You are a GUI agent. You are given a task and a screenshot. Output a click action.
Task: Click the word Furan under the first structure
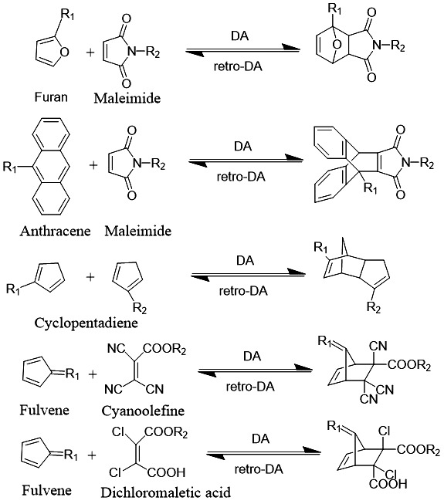tap(51, 96)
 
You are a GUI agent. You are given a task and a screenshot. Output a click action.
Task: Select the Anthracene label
tap(55, 231)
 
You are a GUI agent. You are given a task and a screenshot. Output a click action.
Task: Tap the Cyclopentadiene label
tap(86, 323)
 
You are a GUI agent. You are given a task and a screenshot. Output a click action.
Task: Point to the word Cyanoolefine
tap(143, 411)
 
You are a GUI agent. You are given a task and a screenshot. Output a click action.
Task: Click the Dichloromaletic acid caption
tap(165, 492)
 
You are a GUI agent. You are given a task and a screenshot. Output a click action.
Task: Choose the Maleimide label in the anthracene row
tap(138, 231)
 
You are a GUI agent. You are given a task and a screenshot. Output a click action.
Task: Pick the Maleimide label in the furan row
tap(127, 98)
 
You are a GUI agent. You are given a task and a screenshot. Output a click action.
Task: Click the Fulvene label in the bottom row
tap(46, 490)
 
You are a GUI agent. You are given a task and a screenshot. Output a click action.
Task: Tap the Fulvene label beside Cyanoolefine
tap(44, 410)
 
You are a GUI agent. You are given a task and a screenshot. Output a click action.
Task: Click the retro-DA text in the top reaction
tap(238, 66)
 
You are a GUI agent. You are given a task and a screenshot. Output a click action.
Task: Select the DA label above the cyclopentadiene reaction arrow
tap(245, 260)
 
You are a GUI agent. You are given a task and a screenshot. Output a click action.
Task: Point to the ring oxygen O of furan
tap(65, 52)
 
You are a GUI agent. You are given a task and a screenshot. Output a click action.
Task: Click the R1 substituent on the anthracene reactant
tap(9, 167)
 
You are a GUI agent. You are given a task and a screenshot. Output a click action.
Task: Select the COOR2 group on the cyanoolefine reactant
tap(164, 349)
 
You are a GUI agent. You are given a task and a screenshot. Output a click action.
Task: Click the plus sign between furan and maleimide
tap(90, 52)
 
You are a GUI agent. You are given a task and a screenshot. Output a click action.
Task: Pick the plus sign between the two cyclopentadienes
tap(90, 277)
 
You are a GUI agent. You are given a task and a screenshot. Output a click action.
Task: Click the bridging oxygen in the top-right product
tap(337, 45)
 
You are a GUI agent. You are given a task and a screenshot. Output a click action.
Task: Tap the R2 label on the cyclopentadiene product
tap(374, 307)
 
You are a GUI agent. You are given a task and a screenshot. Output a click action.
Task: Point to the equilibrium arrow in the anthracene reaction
tap(246, 160)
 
